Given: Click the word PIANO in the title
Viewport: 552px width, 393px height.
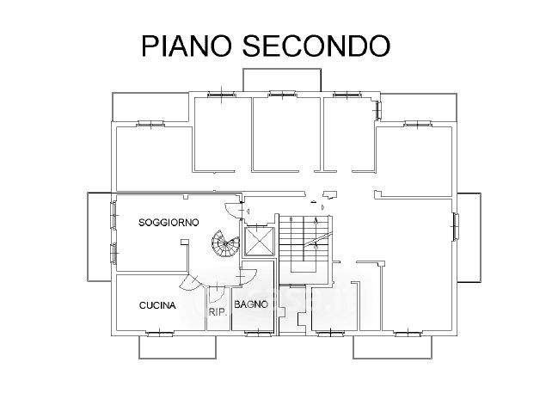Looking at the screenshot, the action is (x=187, y=46).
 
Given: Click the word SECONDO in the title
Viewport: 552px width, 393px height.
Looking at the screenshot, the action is (x=316, y=46).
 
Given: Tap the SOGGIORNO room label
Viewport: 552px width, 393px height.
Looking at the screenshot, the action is (x=169, y=223).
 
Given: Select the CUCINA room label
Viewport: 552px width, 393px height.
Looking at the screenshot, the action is (x=157, y=305).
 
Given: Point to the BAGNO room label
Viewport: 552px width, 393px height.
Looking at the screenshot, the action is (x=251, y=304).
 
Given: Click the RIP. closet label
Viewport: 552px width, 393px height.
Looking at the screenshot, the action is (x=218, y=312).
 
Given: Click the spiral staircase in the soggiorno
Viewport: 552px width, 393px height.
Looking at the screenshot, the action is (x=225, y=243).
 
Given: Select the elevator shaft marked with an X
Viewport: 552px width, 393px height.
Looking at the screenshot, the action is (x=259, y=241).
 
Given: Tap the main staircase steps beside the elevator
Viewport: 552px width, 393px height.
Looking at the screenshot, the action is (x=304, y=243).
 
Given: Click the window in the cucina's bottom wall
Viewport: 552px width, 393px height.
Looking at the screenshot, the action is (x=160, y=333).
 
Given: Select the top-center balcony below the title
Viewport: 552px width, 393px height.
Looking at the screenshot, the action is (x=282, y=80).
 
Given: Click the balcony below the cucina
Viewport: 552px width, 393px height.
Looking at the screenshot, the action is (x=177, y=347).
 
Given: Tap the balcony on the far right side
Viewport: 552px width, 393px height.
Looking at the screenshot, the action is (x=469, y=237).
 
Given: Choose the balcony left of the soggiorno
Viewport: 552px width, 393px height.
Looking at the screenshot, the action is (x=101, y=236).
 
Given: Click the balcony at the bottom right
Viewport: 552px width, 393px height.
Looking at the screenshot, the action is (x=393, y=347).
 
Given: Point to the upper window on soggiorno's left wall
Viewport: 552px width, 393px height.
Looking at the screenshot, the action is (x=114, y=215).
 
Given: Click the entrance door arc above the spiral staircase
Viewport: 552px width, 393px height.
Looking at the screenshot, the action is (x=232, y=210).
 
